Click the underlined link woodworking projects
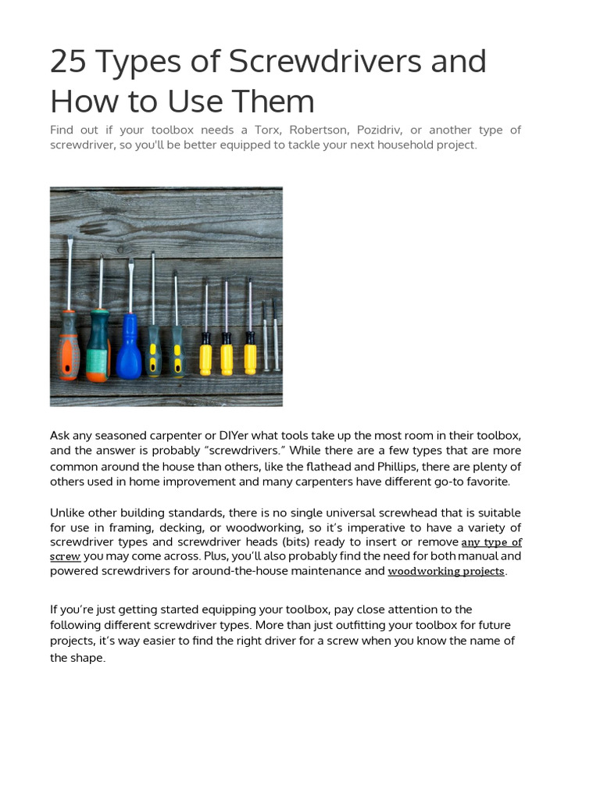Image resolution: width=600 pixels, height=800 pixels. pyautogui.click(x=446, y=571)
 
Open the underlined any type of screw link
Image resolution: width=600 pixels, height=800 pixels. pyautogui.click(x=491, y=542)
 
